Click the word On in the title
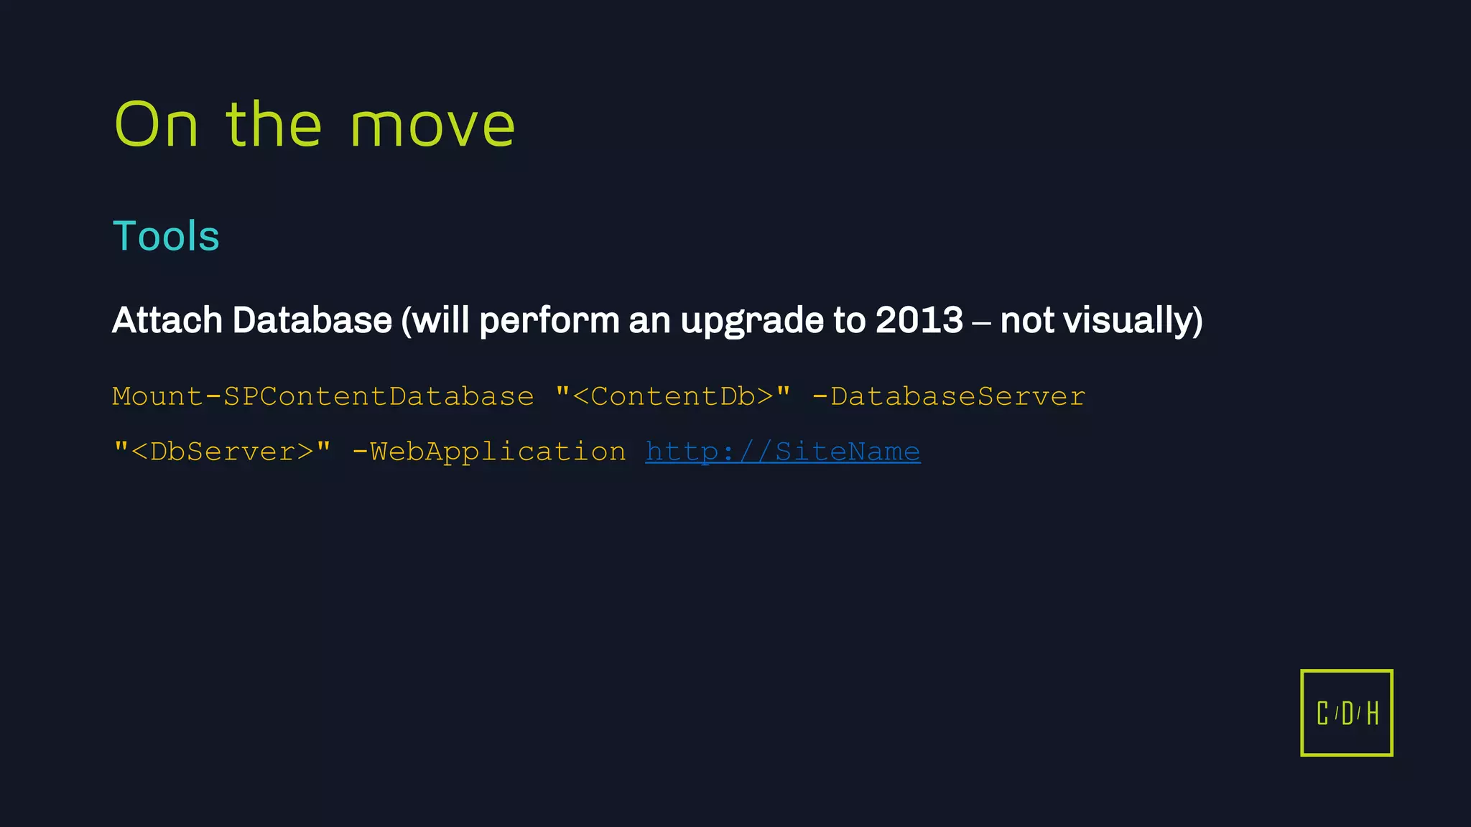pos(156,126)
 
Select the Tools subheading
pos(166,236)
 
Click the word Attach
pos(167,320)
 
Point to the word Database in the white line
pos(312,320)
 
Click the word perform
pos(549,322)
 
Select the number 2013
pos(919,320)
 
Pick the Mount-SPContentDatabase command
pos(323,397)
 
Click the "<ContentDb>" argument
pos(673,397)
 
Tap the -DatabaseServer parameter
pos(948,397)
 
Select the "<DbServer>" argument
pos(223,452)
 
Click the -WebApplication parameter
pos(489,452)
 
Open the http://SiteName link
pos(782,452)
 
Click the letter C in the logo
pos(1322,714)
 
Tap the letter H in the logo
pos(1373,714)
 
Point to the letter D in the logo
pos(1347,714)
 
